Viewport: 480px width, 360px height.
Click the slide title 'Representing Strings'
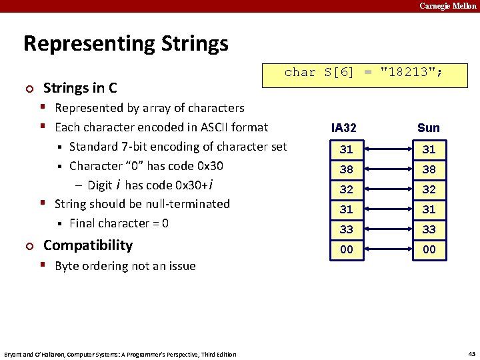pos(125,44)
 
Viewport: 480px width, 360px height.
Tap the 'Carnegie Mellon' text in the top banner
pos(447,6)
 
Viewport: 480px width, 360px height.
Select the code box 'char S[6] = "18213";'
pos(365,73)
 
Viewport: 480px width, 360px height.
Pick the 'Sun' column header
pos(429,128)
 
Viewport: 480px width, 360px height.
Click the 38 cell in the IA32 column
pos(346,169)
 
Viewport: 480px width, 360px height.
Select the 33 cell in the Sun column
pos(429,229)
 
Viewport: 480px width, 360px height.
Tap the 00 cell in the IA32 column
pos(346,249)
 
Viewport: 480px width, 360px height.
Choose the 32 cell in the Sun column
pos(429,189)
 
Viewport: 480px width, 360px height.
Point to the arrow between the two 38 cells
pos(387,169)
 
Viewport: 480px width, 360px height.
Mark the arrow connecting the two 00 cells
pos(387,249)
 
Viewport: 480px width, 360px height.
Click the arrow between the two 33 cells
pos(387,229)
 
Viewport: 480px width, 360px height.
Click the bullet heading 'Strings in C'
pos(80,88)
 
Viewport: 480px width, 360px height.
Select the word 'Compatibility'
pos(88,245)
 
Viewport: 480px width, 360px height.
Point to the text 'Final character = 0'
pos(119,223)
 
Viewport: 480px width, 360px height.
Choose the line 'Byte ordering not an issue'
pos(125,266)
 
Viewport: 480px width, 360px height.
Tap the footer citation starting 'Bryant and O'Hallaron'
pos(120,354)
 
